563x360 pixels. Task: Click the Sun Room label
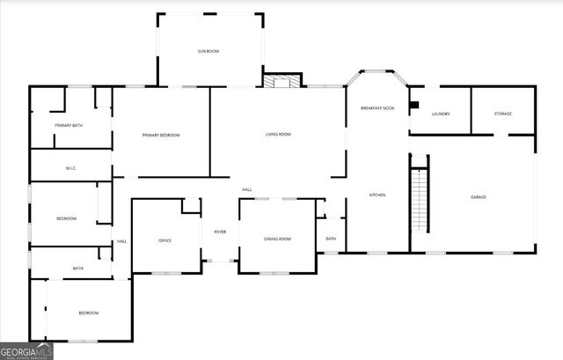pyautogui.click(x=208, y=52)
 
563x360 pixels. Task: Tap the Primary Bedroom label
pyautogui.click(x=161, y=135)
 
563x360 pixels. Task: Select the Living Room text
pyautogui.click(x=278, y=135)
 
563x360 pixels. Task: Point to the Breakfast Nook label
pyautogui.click(x=377, y=107)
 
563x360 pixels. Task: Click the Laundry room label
pyautogui.click(x=441, y=114)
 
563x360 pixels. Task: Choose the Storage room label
pyautogui.click(x=502, y=114)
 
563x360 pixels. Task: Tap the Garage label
pyautogui.click(x=478, y=197)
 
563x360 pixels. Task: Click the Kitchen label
pyautogui.click(x=377, y=195)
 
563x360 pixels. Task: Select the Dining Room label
pyautogui.click(x=277, y=239)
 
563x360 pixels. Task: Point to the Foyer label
pyautogui.click(x=220, y=232)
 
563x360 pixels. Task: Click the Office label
pyautogui.click(x=165, y=240)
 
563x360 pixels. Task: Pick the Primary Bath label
pyautogui.click(x=69, y=126)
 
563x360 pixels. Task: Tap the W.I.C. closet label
pyautogui.click(x=72, y=167)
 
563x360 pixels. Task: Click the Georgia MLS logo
pyautogui.click(x=27, y=350)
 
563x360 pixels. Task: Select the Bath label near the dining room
pyautogui.click(x=331, y=239)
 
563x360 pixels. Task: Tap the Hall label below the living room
pyautogui.click(x=247, y=189)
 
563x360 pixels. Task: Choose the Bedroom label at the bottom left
pyautogui.click(x=88, y=313)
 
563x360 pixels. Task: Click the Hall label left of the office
pyautogui.click(x=121, y=242)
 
